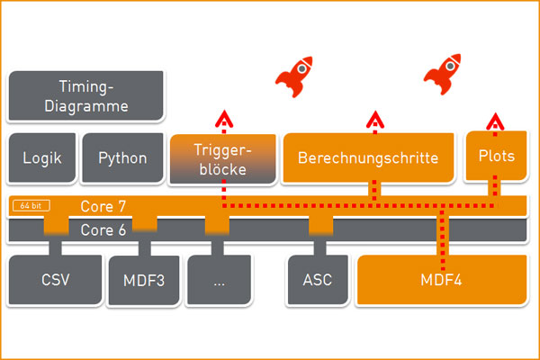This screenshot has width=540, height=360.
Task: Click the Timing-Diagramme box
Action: [85, 95]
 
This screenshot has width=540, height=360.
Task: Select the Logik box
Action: [42, 157]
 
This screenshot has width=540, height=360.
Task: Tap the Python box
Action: [122, 157]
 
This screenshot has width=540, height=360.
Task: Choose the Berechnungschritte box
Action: [367, 157]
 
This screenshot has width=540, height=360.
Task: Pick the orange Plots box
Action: [496, 156]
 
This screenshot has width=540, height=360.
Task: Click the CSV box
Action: [55, 280]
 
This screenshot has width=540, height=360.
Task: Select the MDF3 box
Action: [144, 280]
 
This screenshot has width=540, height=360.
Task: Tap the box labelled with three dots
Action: [219, 280]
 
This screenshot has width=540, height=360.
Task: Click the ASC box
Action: [318, 280]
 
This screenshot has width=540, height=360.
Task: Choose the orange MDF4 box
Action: [441, 280]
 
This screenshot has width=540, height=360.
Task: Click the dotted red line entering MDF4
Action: [441, 238]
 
